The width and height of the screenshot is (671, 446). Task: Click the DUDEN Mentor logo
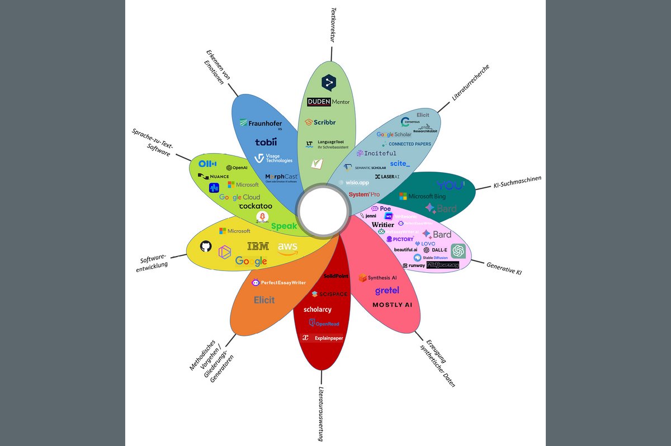328,102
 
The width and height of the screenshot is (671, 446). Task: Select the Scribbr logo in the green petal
320,122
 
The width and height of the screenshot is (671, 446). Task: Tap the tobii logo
266,142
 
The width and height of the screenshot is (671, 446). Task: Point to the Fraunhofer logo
261,124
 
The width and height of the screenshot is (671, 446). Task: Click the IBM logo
258,246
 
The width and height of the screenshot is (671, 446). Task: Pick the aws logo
287,248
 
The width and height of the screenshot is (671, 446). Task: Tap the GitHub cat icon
206,246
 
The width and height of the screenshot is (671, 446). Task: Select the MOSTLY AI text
392,305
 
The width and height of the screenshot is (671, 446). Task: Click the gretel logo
387,291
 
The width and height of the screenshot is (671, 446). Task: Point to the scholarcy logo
318,309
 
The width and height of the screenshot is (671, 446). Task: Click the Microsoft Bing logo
424,196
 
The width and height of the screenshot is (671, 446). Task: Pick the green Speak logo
284,226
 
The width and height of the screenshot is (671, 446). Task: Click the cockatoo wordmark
255,206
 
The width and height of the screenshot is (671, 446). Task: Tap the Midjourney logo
442,265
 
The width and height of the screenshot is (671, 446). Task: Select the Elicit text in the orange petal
264,300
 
